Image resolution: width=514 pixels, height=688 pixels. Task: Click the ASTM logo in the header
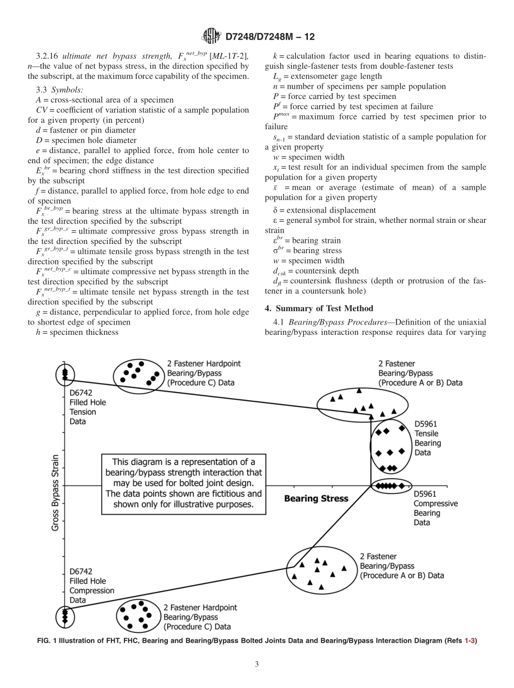click(212, 36)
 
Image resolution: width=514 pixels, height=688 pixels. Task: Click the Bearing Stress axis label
click(316, 498)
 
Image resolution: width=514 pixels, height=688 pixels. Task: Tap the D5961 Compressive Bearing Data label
click(435, 508)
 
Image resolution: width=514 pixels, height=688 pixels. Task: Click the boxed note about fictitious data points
click(183, 483)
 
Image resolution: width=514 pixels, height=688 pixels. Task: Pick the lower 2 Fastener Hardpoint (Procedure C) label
click(200, 617)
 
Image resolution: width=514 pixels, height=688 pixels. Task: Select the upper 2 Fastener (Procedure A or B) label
click(420, 373)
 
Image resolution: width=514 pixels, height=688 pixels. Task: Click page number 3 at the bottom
click(257, 664)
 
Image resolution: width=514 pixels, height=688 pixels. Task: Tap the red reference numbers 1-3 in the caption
click(470, 640)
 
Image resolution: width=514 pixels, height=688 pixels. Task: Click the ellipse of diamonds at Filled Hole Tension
click(65, 374)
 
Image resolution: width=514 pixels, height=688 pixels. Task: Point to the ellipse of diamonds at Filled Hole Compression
click(65, 615)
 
